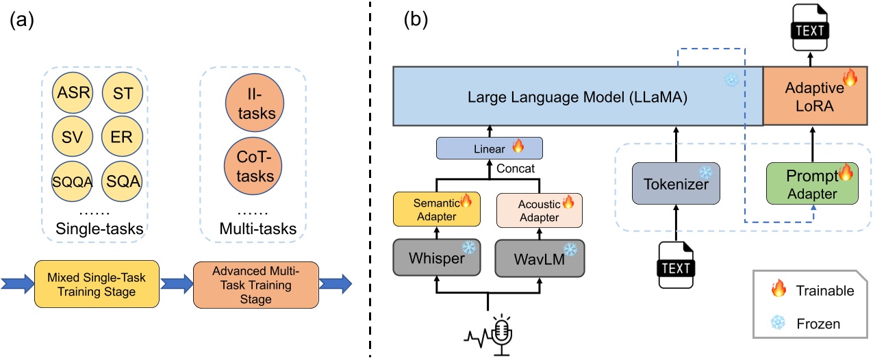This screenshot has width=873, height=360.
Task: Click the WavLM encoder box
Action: [540, 259]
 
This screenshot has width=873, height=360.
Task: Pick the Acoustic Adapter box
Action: [540, 208]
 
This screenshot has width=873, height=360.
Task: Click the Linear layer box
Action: [489, 147]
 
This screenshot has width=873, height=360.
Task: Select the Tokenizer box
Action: [676, 183]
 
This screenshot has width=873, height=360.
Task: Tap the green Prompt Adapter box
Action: [810, 183]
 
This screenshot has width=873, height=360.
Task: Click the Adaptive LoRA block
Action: [810, 97]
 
